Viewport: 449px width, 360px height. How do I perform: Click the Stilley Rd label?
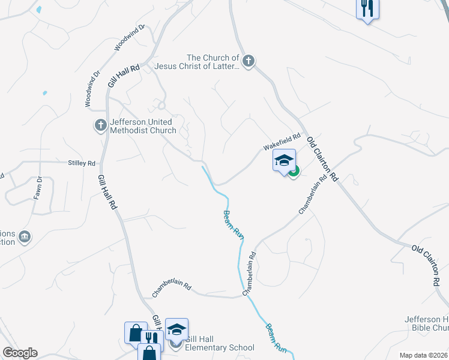click(82, 163)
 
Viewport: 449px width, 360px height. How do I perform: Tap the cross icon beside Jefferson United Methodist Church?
click(100, 125)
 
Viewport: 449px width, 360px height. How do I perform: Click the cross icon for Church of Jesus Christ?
click(249, 60)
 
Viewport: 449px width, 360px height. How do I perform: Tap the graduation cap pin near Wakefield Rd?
click(284, 160)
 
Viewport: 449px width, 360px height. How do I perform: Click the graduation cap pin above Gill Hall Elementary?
click(176, 329)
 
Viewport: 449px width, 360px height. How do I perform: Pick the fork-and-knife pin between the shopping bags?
click(150, 337)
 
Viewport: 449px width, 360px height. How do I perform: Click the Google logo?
click(20, 353)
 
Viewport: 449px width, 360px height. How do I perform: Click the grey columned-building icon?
click(25, 236)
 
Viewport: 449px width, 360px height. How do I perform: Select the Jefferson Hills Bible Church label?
click(427, 323)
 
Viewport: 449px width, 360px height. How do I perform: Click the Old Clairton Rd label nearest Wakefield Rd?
click(323, 158)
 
